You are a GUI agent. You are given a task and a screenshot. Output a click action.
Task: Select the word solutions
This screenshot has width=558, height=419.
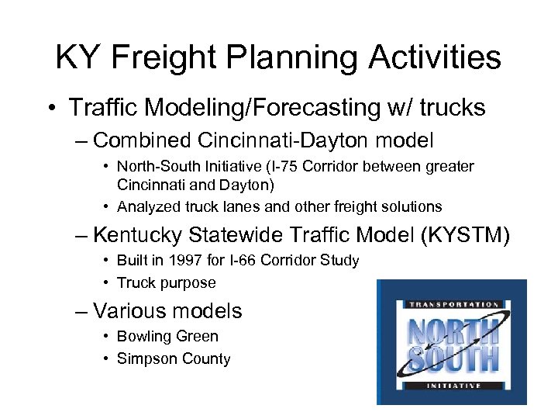412,206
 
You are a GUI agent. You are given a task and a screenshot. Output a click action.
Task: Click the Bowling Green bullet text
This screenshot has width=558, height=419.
167,336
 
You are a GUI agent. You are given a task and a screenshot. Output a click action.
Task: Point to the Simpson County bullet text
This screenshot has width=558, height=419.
174,358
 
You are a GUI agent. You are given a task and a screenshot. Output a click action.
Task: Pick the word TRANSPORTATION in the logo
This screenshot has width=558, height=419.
451,305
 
